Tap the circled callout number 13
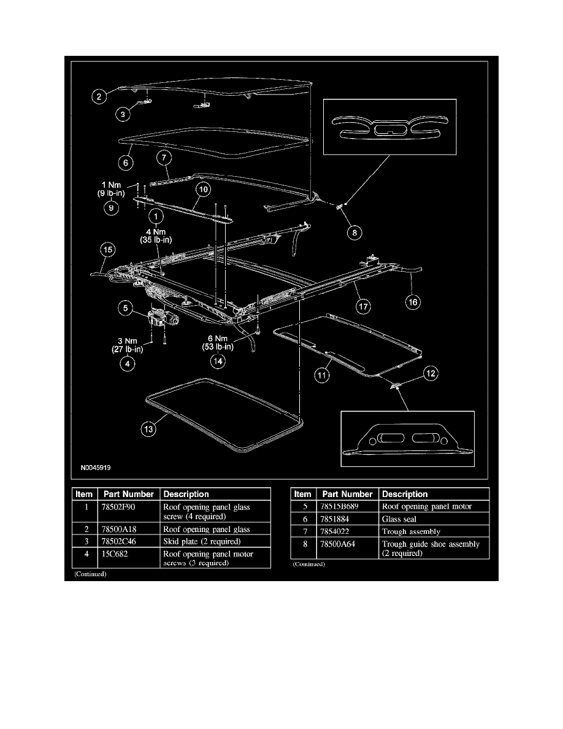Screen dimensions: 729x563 [x=149, y=430]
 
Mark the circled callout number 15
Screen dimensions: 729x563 [x=107, y=250]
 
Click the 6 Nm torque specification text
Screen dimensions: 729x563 [x=217, y=342]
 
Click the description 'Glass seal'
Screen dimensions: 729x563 [x=399, y=519]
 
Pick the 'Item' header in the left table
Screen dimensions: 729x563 [x=84, y=494]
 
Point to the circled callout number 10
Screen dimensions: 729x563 [x=203, y=190]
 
